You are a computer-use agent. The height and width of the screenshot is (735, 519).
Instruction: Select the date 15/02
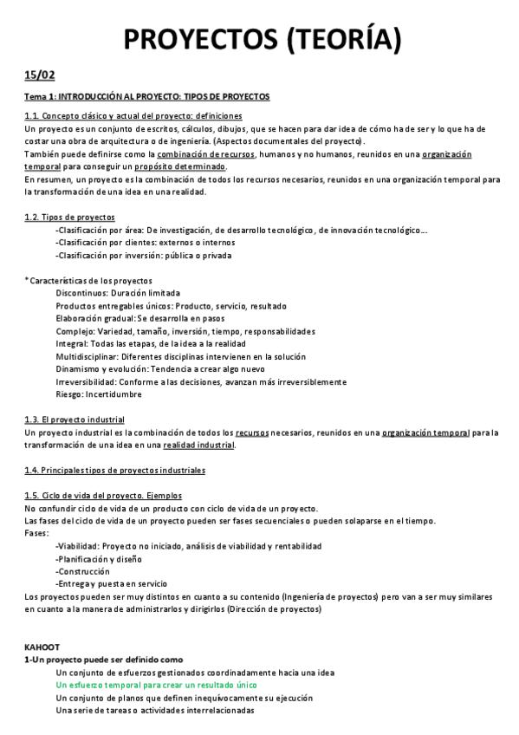[x=39, y=75]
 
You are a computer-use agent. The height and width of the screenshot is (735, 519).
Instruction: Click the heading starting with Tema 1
[x=146, y=96]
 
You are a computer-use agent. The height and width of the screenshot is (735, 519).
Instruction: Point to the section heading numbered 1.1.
[x=133, y=116]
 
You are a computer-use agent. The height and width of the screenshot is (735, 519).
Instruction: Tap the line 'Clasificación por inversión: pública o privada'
[x=144, y=256]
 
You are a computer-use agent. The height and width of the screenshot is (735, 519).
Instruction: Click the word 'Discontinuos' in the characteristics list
[x=81, y=293]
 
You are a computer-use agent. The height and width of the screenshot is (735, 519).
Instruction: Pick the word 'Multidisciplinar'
[x=86, y=356]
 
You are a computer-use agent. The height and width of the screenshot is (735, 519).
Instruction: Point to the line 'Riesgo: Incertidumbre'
[x=98, y=394]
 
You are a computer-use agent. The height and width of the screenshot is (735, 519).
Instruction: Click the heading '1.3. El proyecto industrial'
[x=75, y=420]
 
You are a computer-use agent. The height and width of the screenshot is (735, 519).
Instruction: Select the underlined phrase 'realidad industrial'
[x=198, y=446]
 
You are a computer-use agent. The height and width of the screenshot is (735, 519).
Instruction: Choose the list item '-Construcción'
[x=82, y=572]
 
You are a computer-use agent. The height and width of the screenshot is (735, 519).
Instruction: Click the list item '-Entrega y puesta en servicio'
[x=111, y=584]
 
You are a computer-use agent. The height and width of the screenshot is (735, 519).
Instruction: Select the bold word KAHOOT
[x=42, y=647]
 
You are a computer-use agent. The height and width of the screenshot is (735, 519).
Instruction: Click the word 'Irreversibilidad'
[x=86, y=381]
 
